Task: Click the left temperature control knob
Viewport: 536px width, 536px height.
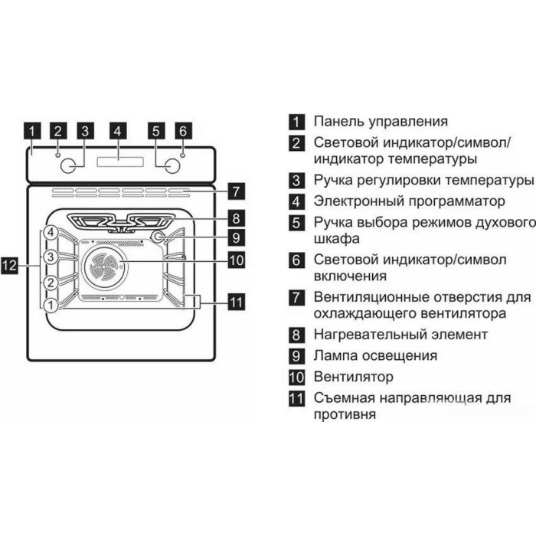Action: (68, 166)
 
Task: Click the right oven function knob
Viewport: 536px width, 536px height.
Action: (172, 166)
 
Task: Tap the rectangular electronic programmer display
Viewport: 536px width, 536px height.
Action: (120, 162)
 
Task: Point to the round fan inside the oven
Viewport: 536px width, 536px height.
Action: (105, 266)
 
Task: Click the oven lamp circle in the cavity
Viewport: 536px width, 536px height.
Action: (158, 237)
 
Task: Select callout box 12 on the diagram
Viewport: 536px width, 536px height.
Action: (9, 265)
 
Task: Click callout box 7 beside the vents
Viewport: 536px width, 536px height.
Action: (236, 191)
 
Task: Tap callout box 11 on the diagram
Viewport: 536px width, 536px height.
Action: (236, 302)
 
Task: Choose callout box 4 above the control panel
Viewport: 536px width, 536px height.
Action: (118, 131)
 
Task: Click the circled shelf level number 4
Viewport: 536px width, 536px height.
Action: (51, 233)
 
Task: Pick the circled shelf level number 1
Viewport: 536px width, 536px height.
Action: (51, 305)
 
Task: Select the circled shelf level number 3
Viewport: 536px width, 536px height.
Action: (51, 257)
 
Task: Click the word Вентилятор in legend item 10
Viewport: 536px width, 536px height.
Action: (354, 377)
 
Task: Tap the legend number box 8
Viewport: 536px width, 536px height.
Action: (296, 335)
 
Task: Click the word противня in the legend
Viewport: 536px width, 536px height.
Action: (345, 415)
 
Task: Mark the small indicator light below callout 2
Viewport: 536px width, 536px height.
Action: (58, 155)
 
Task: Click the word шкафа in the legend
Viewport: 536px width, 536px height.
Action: (337, 239)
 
